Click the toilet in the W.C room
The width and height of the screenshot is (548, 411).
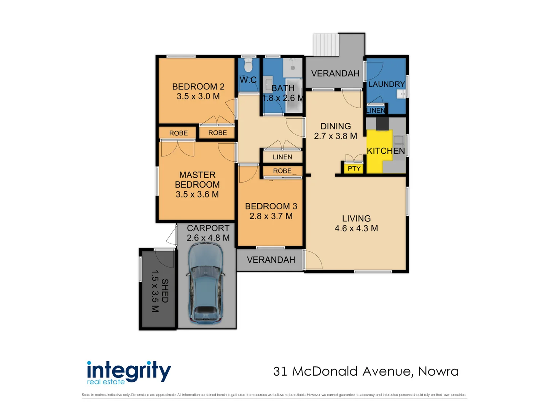coord(248,65)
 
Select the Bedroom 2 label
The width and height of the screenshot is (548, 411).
coord(198,87)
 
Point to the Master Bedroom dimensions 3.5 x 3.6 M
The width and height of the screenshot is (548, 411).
coord(197,194)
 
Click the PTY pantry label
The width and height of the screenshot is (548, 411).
coord(354,168)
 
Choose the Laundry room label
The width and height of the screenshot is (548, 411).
coord(386,84)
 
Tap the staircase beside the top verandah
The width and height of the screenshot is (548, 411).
coord(325,45)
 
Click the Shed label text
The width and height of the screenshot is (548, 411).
coord(165,291)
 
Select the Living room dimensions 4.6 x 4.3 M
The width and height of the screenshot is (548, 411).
coord(356,228)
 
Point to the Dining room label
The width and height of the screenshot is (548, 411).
coord(336,126)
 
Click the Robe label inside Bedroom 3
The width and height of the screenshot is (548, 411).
coord(282,171)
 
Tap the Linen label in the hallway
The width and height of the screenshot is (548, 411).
coord(282,157)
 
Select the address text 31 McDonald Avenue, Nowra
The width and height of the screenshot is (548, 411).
coord(366,371)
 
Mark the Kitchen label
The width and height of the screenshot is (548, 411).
coord(386,151)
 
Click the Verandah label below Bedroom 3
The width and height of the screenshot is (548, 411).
coord(271,260)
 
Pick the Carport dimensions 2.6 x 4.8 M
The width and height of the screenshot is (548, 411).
coord(208,238)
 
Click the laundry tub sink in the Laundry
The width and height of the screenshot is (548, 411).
coord(401,94)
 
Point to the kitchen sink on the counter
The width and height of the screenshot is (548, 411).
coord(398,140)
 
